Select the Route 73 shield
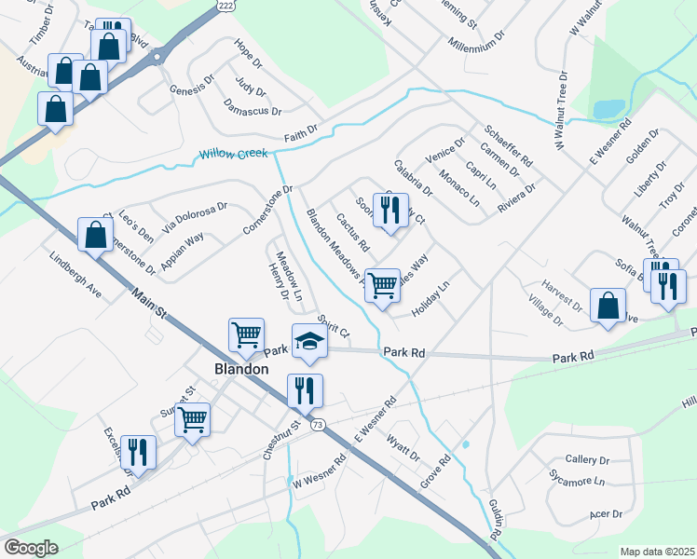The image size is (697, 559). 319,425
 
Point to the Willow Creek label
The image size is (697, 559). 232,154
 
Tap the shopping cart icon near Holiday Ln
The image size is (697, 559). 382,286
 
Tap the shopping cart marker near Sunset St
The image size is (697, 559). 193,419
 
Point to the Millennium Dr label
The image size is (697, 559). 475,43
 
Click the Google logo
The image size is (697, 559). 31,548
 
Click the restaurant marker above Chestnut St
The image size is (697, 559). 305,390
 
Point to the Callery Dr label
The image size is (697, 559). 587,460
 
